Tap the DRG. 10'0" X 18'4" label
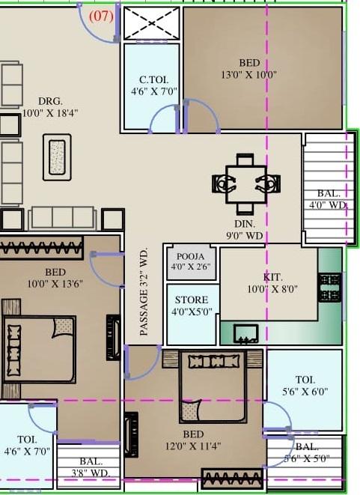tap(50, 107)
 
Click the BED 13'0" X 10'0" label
tap(249, 68)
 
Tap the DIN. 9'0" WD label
tap(244, 229)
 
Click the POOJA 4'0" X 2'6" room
tap(190, 261)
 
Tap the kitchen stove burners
tap(330, 287)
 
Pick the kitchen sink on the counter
tap(246, 332)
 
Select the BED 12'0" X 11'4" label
tap(192, 440)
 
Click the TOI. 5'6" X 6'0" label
tap(305, 386)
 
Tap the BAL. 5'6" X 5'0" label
tap(305, 453)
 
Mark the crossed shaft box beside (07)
tap(151, 23)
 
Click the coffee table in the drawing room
tap(57, 157)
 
